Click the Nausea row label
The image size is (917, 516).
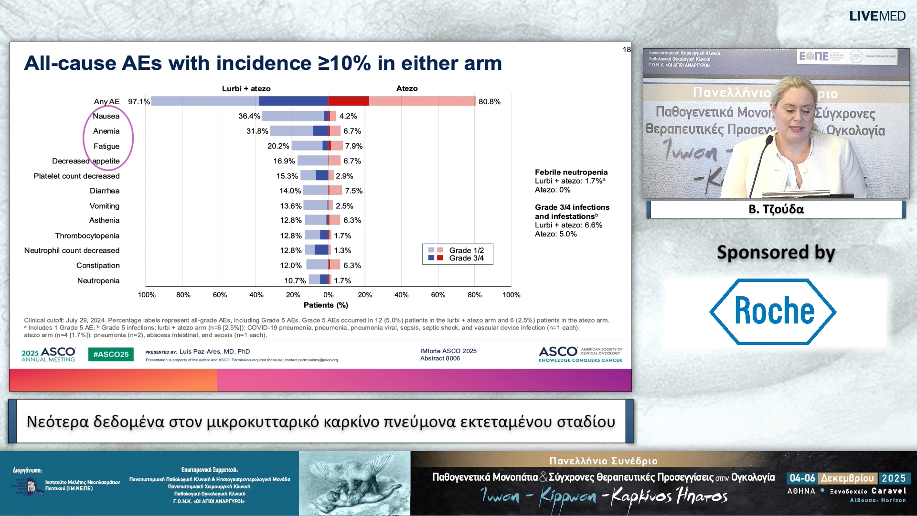click(106, 116)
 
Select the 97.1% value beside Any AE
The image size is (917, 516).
click(139, 102)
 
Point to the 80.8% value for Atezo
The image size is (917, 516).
click(490, 102)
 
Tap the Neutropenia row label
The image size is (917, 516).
click(98, 280)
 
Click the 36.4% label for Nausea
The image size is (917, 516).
click(249, 116)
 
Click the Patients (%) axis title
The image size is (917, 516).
click(326, 305)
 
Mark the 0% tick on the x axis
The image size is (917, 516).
click(329, 295)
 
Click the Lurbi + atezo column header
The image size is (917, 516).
click(246, 89)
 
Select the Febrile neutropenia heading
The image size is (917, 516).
click(571, 172)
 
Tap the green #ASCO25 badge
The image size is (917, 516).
click(111, 355)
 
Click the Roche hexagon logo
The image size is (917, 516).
click(773, 312)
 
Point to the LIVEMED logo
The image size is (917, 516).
click(877, 16)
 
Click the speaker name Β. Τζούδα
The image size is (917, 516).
click(776, 209)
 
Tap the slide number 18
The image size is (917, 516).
click(627, 50)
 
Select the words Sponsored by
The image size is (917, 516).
click(776, 252)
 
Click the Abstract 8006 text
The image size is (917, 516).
click(440, 358)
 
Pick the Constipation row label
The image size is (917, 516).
click(98, 266)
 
